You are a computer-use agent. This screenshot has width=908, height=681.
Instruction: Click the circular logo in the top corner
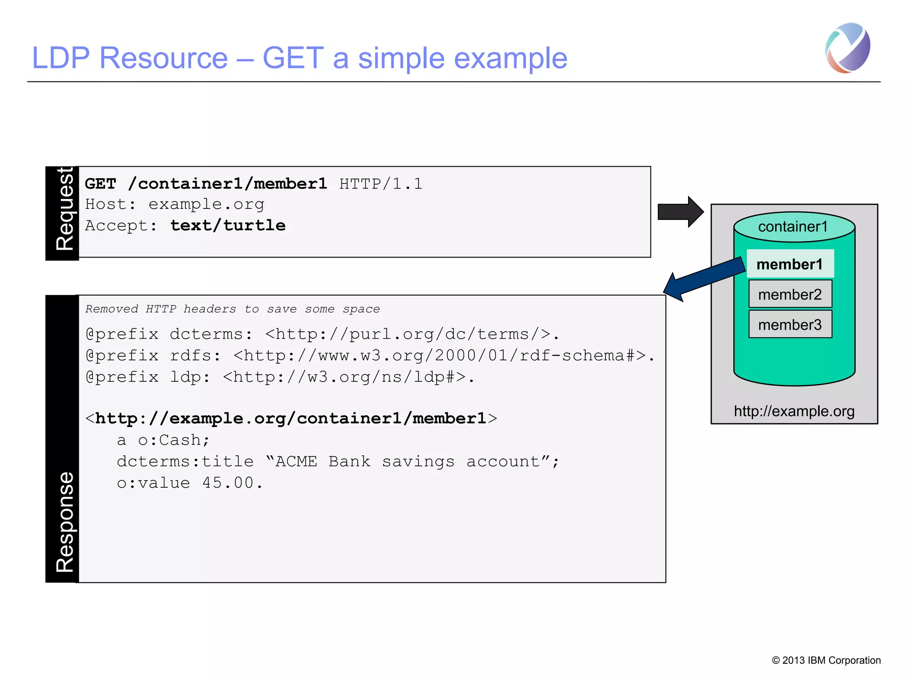848,48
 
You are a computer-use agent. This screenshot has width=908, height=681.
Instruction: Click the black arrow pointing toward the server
679,212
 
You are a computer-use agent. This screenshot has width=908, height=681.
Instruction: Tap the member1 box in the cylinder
790,264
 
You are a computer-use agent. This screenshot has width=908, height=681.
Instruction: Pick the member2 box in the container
790,294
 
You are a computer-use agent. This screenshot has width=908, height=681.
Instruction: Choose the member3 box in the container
790,325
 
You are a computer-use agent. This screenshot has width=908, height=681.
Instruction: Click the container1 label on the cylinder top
793,227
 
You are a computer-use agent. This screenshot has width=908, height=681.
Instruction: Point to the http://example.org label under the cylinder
794,411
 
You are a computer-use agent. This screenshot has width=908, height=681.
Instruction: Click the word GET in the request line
101,184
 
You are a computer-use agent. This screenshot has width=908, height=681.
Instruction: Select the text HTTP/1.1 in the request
380,184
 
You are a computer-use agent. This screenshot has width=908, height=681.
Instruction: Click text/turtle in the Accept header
228,225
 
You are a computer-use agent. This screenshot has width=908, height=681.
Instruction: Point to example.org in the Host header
206,204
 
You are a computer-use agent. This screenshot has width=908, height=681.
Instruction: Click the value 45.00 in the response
232,483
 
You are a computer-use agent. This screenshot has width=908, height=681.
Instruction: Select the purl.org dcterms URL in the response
408,334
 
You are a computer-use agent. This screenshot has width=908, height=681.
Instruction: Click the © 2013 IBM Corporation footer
826,660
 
